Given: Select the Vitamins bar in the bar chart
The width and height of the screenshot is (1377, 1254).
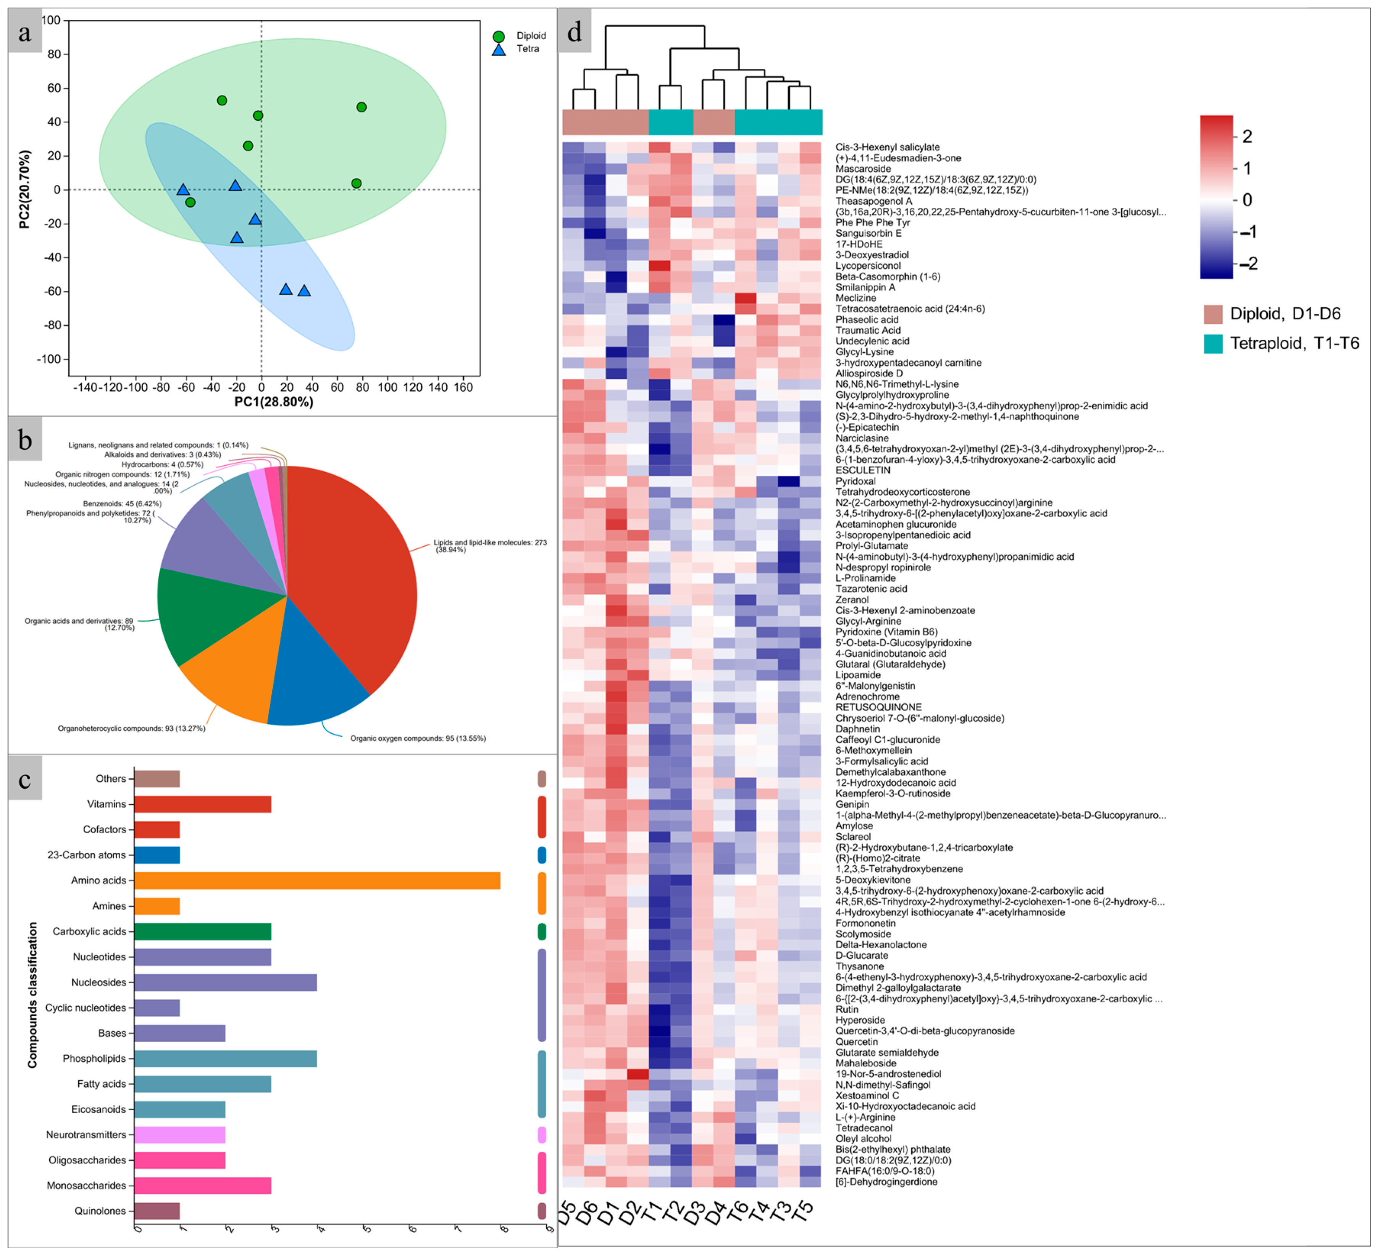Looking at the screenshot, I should point(202,804).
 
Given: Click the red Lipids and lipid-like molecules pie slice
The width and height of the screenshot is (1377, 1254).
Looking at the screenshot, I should point(348,567).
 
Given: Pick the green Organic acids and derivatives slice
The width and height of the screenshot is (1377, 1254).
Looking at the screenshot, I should point(205,615).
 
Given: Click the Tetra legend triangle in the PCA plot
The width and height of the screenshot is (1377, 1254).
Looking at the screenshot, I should point(499,49).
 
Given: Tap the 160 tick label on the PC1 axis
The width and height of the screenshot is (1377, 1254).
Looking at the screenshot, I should point(463,387).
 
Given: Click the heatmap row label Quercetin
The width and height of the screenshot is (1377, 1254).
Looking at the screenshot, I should point(857,1042).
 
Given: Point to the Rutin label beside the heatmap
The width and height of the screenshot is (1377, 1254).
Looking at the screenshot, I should point(847,1009).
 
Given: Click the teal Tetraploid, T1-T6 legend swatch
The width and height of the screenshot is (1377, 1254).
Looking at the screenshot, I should point(1213,344).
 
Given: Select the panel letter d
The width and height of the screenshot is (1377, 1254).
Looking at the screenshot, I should point(575,31).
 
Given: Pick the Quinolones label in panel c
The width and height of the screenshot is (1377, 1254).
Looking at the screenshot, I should point(100,1211).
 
